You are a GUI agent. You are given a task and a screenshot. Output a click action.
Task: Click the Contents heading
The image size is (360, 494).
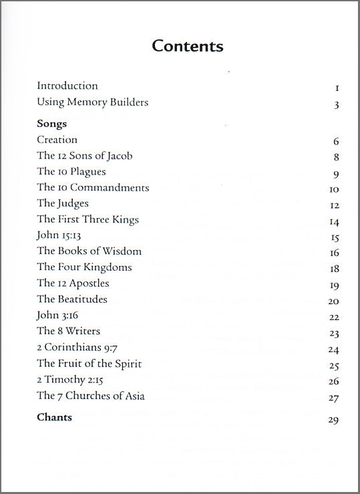click(x=187, y=46)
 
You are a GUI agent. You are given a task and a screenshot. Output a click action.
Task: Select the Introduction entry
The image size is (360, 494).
click(x=67, y=86)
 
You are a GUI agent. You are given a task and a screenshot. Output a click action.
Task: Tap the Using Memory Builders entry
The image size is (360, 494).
click(x=92, y=102)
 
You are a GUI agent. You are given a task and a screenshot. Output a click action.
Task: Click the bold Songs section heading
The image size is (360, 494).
click(x=52, y=124)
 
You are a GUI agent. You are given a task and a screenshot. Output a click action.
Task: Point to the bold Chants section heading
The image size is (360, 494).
click(x=55, y=418)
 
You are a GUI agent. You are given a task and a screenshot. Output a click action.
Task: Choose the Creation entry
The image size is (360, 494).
click(x=57, y=140)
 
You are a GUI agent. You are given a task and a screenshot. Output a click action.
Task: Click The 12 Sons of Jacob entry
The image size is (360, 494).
click(x=85, y=156)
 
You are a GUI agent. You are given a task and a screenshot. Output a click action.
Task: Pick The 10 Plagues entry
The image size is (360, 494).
click(x=71, y=172)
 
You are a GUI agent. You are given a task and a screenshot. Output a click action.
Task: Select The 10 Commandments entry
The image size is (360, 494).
click(x=93, y=188)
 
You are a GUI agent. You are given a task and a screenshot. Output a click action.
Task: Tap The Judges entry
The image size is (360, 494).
click(x=63, y=203)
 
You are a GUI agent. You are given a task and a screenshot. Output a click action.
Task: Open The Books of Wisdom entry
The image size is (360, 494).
click(x=89, y=251)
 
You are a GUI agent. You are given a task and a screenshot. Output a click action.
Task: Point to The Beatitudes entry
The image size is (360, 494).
click(x=72, y=299)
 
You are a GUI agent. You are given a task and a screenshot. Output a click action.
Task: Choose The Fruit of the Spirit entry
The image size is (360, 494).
click(x=89, y=364)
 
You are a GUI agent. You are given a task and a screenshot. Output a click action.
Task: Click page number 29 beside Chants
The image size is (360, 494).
click(x=334, y=420)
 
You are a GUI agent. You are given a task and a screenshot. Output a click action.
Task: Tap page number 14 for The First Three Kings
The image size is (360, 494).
click(x=334, y=222)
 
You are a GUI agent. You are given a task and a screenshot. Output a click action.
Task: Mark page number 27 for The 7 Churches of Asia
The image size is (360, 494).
click(x=334, y=398)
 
